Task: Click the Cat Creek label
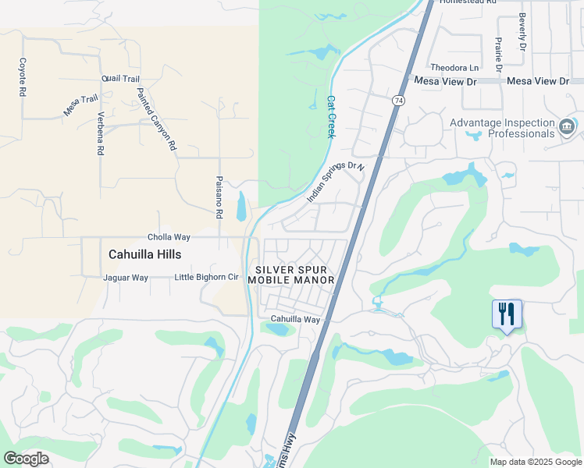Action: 331,117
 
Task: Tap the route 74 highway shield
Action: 398,101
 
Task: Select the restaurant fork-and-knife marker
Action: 507,314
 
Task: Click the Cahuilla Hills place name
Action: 144,254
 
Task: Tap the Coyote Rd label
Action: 23,76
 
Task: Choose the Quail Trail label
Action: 120,79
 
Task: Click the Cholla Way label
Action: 169,237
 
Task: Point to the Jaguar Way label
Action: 126,278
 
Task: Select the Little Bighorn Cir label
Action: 206,277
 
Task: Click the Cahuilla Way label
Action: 295,320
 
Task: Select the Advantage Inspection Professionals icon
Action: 568,126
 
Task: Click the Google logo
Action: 26,458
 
